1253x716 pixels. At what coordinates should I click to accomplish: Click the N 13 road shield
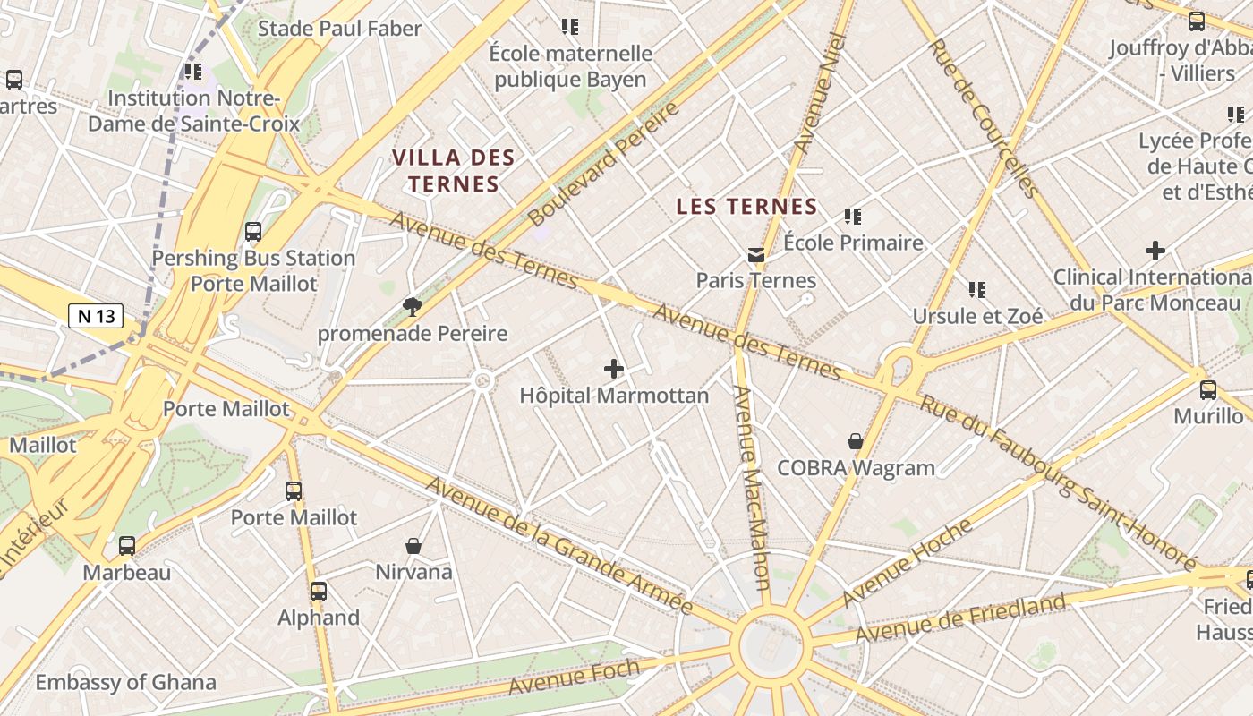click(96, 316)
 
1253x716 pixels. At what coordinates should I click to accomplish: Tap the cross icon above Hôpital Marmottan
click(614, 369)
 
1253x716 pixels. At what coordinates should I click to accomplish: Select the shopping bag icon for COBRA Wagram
click(856, 441)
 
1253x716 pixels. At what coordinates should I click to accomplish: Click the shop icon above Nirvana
click(413, 546)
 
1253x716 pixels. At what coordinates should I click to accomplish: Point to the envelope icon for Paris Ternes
click(756, 255)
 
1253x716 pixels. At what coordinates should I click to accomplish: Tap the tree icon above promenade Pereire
click(413, 308)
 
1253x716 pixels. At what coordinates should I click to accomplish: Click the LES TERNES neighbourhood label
click(746, 207)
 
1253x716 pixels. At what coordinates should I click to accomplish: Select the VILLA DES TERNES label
click(445, 171)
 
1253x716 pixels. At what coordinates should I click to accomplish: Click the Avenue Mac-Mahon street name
click(751, 488)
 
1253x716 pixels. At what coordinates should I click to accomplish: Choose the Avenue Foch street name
click(575, 677)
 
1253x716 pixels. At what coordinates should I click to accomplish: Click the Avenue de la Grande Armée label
click(559, 546)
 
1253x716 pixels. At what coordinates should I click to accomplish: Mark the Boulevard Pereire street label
click(604, 164)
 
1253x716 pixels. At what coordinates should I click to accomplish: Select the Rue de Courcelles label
click(983, 117)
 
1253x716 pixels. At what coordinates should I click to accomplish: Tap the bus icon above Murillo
click(1208, 390)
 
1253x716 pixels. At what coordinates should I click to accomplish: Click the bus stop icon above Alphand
click(319, 592)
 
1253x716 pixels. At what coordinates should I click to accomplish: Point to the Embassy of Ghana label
click(125, 683)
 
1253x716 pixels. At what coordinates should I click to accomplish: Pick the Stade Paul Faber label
click(339, 29)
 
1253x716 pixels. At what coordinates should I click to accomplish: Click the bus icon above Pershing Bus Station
click(253, 232)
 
